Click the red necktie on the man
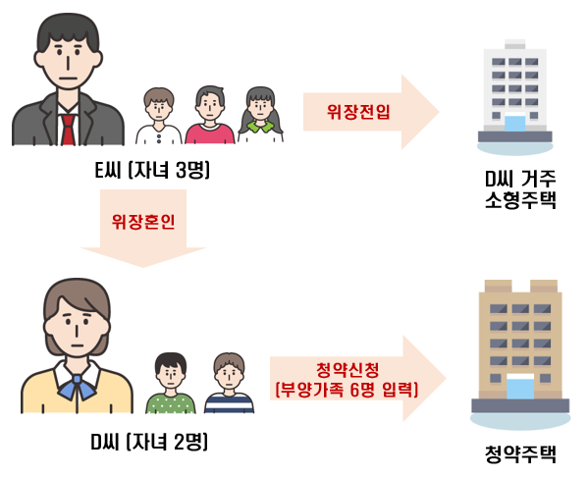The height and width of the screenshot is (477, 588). tap(69, 130)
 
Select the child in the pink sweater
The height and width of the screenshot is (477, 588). tap(210, 115)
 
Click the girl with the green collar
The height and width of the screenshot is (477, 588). tap(261, 115)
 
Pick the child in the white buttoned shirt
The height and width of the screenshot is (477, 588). tap(159, 116)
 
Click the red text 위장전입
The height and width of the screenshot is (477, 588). tap(358, 111)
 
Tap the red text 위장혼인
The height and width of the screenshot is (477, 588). tap(143, 222)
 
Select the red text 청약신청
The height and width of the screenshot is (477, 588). tap(347, 370)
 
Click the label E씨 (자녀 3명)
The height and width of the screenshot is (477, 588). tap(151, 170)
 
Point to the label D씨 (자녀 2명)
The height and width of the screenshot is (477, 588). tap(149, 442)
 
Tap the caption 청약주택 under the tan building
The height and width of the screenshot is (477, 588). tap(520, 454)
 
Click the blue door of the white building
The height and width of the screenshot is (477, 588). tap(514, 124)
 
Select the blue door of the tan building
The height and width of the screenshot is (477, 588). tap(519, 389)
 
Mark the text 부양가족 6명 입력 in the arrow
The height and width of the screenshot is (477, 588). tap(347, 390)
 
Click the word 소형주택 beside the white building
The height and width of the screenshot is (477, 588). tap(520, 200)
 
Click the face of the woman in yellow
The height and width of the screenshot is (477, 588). tap(77, 328)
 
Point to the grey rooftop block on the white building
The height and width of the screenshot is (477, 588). tap(514, 44)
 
